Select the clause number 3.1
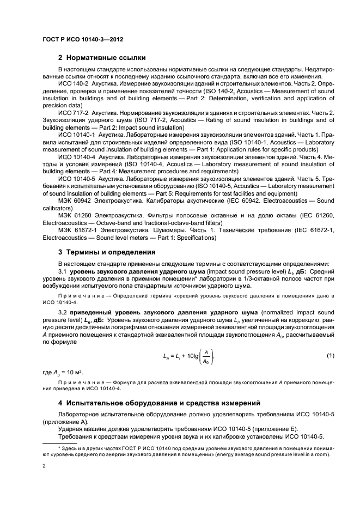[x=62, y=271]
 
